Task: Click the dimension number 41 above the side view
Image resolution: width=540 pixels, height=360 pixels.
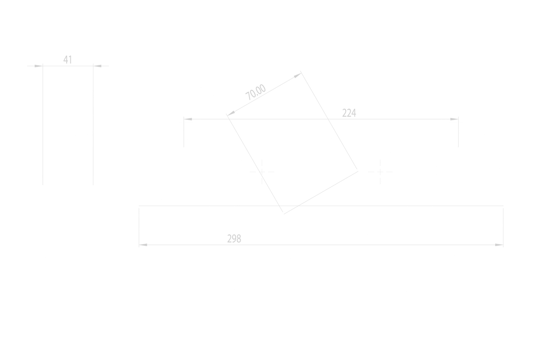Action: [x=68, y=59]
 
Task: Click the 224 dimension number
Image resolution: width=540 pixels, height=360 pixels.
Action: [x=350, y=113]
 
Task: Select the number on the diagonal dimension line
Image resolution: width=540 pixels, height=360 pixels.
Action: [x=256, y=93]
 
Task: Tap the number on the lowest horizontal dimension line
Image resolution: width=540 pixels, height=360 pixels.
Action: [x=234, y=239]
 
